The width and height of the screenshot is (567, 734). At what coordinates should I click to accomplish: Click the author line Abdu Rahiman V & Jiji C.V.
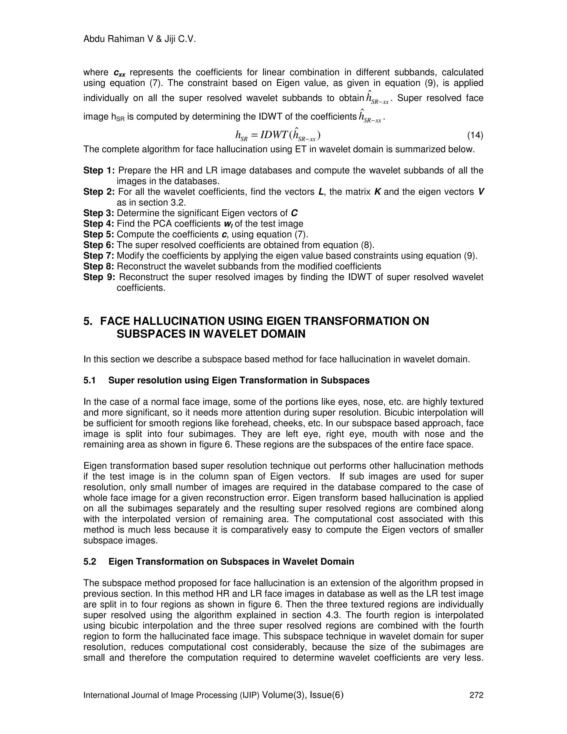(140, 39)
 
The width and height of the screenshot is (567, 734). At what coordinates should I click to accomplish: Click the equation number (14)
(475, 135)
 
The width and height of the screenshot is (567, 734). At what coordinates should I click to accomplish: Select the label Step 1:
(99, 170)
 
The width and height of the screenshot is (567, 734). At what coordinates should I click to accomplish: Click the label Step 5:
(99, 234)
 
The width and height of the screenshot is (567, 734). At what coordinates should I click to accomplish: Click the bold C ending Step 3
(294, 213)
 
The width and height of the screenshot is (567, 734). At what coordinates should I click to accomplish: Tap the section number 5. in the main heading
(88, 321)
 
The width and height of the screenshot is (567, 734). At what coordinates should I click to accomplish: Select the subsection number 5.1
(90, 381)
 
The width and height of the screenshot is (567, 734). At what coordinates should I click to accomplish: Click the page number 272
(476, 695)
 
